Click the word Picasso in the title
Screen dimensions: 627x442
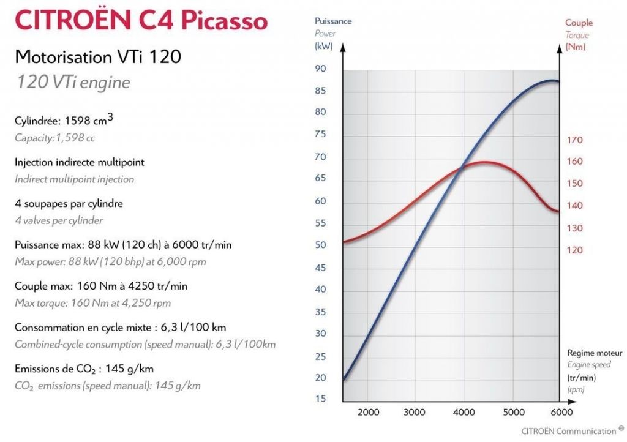point(224,20)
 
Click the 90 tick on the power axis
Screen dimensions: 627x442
point(320,69)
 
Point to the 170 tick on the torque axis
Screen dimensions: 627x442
point(574,140)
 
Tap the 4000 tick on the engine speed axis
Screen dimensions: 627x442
point(464,412)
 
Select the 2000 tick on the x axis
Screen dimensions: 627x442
point(368,412)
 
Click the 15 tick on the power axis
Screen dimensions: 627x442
point(320,399)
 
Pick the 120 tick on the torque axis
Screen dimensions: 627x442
point(574,250)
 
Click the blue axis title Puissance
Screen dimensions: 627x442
point(333,21)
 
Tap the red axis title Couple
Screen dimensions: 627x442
point(579,23)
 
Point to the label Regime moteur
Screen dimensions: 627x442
point(595,353)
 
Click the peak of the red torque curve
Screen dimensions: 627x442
point(484,162)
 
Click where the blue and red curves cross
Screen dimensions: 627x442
point(463,168)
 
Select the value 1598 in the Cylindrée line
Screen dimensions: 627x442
point(77,120)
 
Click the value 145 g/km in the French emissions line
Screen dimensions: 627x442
point(129,369)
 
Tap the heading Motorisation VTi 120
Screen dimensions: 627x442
point(98,57)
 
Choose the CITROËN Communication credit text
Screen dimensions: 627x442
point(569,431)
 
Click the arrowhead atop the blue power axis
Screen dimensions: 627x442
point(343,48)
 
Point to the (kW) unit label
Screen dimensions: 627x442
point(323,46)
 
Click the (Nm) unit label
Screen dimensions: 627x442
point(575,47)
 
